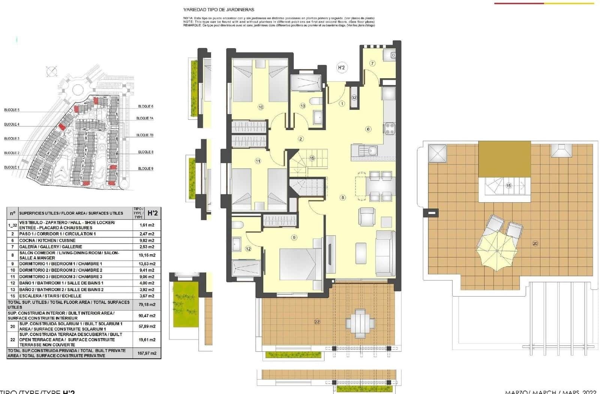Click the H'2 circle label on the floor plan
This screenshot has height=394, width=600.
(x=341, y=68)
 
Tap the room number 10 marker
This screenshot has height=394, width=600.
(x=261, y=107)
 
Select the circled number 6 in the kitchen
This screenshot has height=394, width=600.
(x=368, y=129)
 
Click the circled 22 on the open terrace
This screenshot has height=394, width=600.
(x=317, y=322)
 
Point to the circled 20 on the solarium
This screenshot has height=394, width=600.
(x=535, y=243)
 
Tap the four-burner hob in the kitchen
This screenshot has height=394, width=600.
(x=390, y=129)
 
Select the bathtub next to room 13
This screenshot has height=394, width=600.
(x=306, y=82)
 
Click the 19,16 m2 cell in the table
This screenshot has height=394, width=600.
(x=146, y=255)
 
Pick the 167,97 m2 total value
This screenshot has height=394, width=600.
(x=146, y=353)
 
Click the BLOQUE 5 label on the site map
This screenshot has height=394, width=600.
(x=12, y=110)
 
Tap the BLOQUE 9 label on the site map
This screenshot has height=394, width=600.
(x=145, y=169)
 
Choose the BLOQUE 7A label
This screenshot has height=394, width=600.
(x=144, y=118)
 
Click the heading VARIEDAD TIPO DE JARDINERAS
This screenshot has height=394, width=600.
(x=219, y=10)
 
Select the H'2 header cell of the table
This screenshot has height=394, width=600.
(x=153, y=213)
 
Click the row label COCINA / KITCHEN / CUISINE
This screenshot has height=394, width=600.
(x=47, y=240)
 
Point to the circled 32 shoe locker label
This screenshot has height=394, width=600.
(x=354, y=97)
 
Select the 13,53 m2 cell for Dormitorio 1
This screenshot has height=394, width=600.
(x=146, y=264)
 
